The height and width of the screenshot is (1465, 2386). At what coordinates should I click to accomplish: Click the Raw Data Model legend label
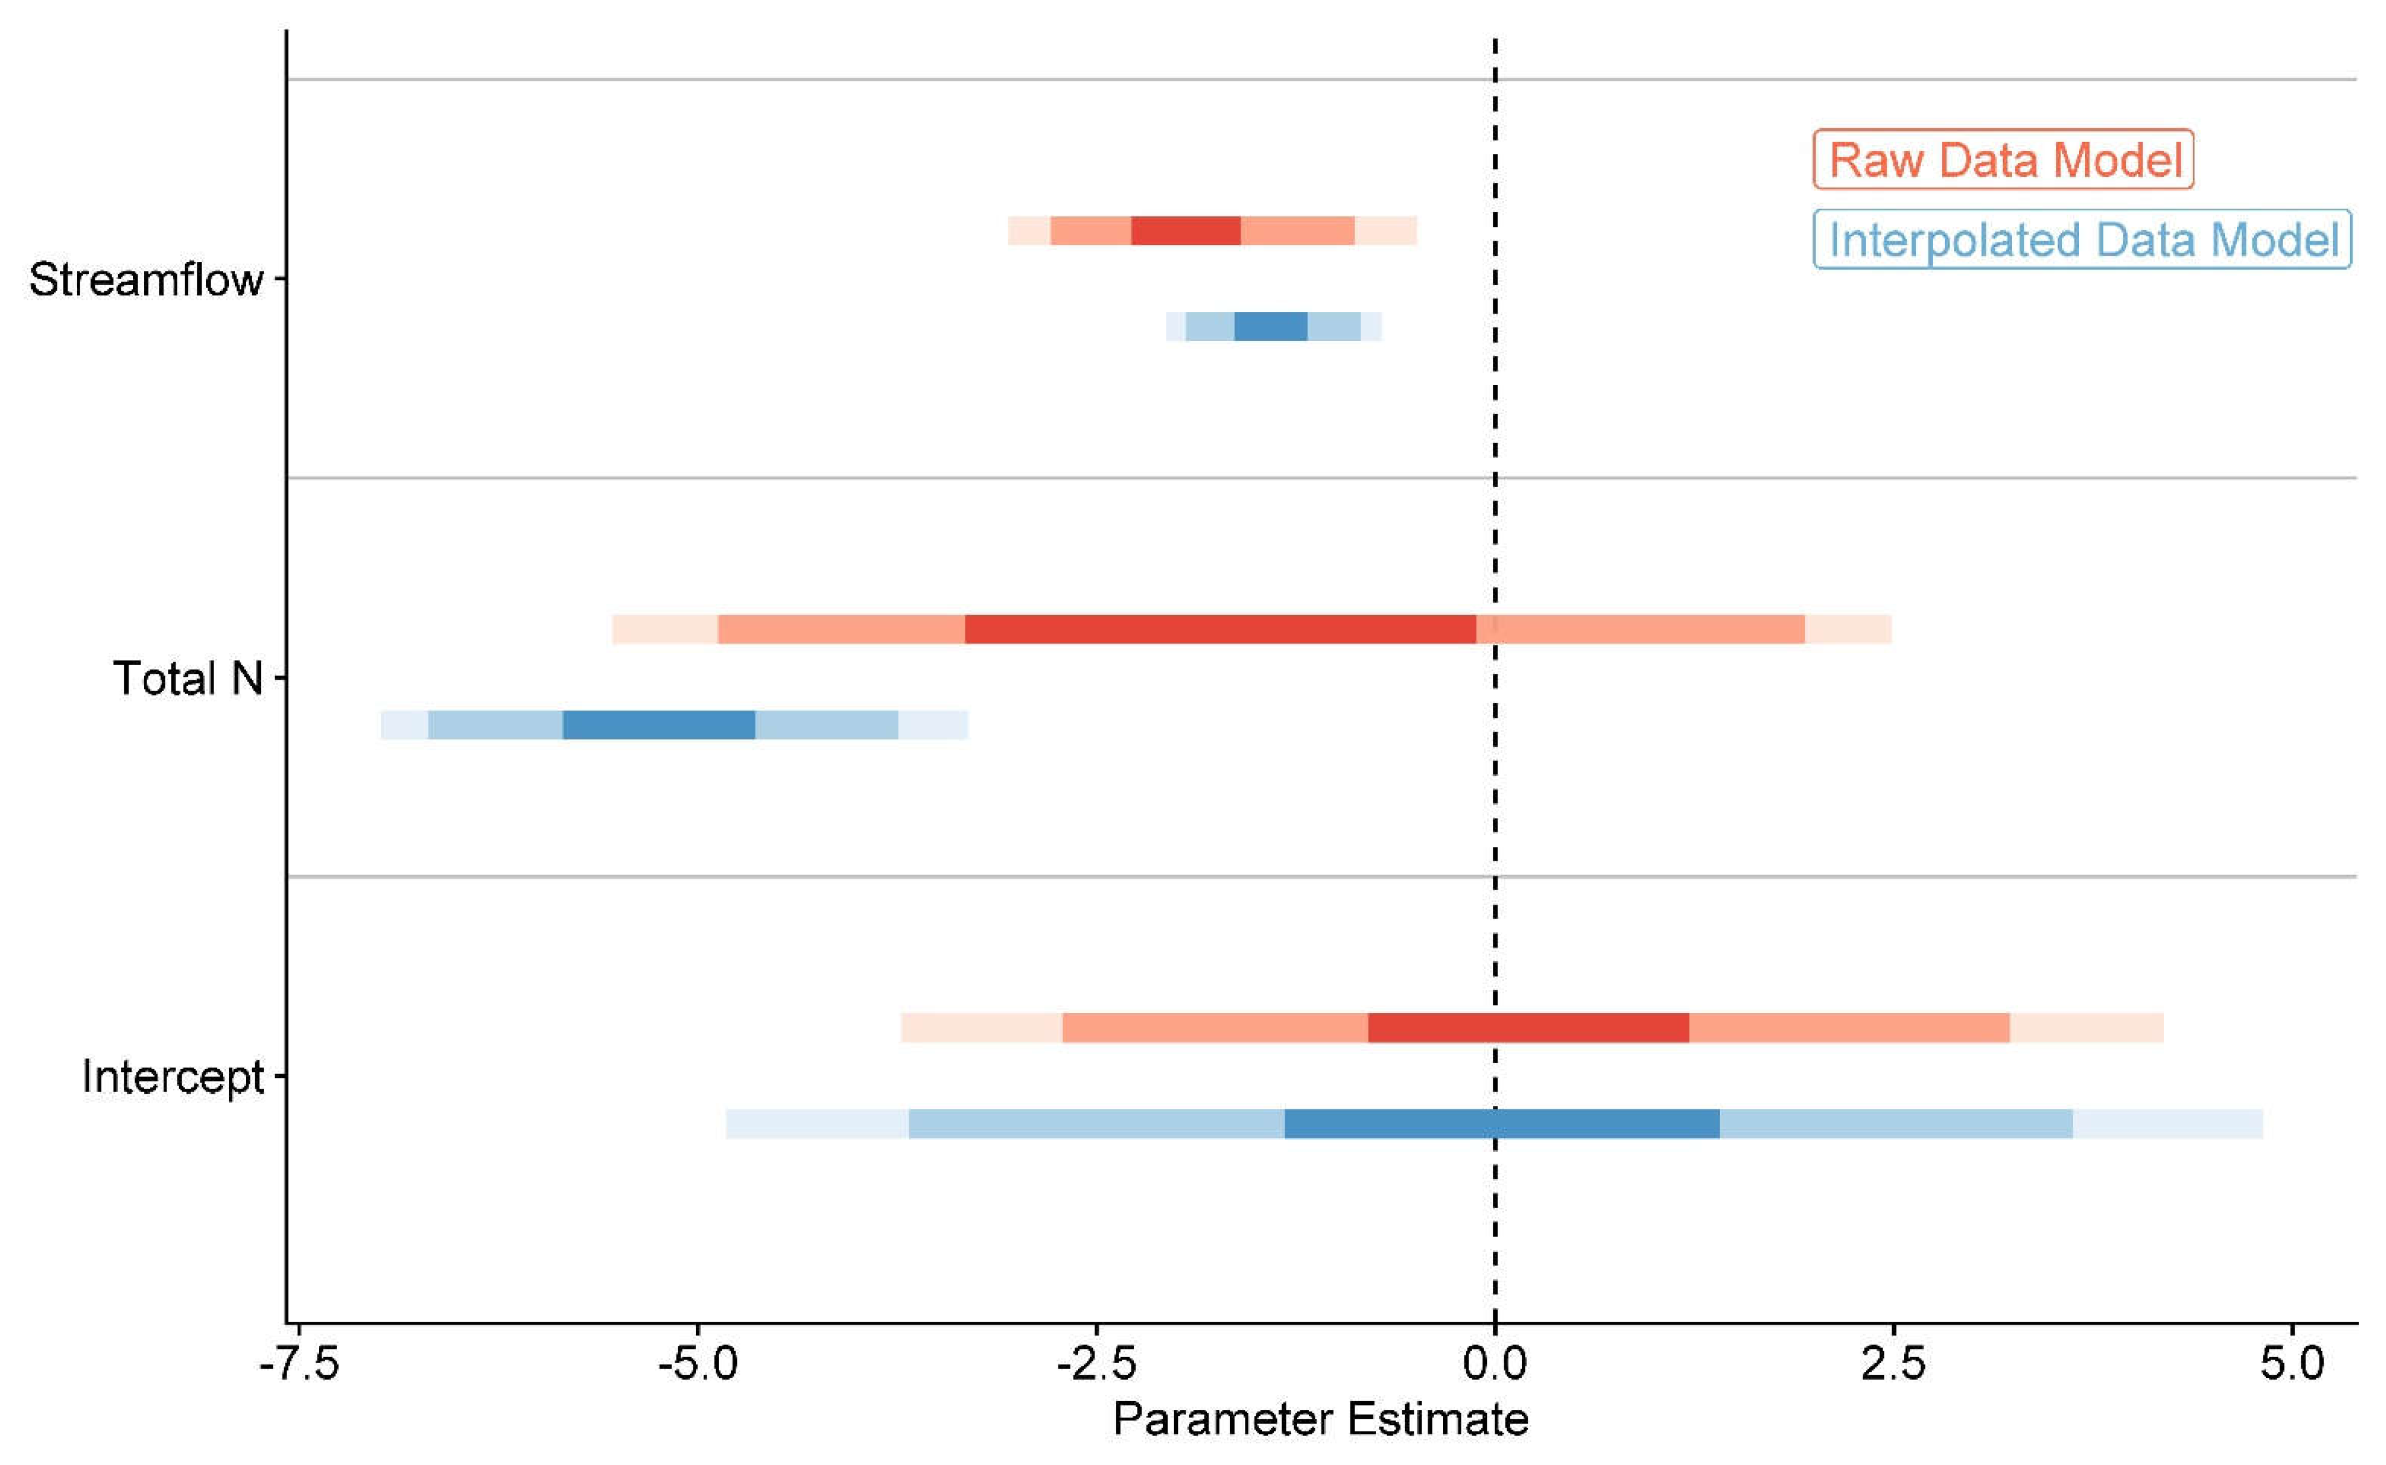[x=2003, y=160]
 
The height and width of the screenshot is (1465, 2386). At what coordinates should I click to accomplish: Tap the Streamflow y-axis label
[x=145, y=280]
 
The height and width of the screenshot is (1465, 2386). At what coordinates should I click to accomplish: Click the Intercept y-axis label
[x=172, y=1076]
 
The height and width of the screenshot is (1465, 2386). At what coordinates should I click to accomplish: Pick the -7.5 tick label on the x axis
[x=298, y=1364]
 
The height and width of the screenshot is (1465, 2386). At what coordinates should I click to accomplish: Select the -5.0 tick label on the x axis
[x=697, y=1364]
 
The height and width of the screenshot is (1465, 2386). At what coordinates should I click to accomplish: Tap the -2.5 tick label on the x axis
[x=1096, y=1364]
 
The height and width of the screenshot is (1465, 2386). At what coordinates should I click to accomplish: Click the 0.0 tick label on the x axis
[x=1495, y=1364]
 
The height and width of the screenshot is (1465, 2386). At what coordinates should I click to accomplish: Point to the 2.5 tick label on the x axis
[x=1893, y=1364]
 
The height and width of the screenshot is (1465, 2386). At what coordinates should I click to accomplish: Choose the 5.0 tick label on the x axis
[x=2292, y=1364]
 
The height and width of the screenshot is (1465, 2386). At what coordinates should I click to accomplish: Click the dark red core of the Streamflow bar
[x=1185, y=231]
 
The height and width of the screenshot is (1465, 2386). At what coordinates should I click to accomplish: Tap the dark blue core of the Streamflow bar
[x=1270, y=327]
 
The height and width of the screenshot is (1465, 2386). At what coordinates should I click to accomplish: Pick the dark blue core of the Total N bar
[x=659, y=725]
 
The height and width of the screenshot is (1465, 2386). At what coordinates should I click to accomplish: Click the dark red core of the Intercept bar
[x=1528, y=1028]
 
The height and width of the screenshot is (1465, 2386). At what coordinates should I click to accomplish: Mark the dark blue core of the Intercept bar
[x=1501, y=1124]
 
